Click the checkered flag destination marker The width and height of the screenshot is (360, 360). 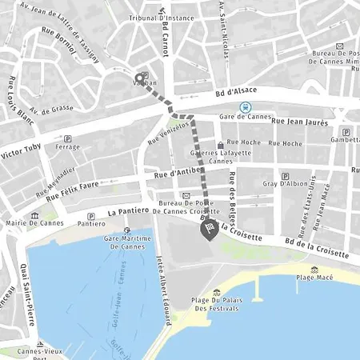click(207, 230)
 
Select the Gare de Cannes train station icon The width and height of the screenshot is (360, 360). click(246, 107)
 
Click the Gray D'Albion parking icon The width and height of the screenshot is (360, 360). click(285, 176)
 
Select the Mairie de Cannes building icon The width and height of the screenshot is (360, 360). click(34, 216)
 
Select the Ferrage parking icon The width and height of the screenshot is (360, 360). click(67, 138)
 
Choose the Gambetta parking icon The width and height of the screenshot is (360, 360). click(346, 132)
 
